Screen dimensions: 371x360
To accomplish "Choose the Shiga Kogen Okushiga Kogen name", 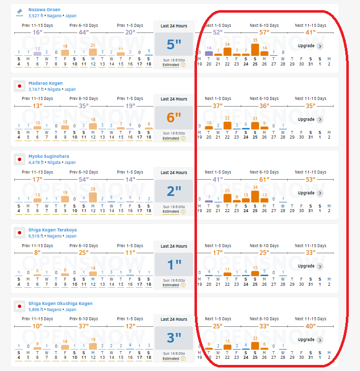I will click(x=57, y=303).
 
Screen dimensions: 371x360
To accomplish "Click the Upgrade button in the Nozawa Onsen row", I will click(x=310, y=46).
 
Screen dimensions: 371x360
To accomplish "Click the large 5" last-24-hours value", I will click(x=174, y=45).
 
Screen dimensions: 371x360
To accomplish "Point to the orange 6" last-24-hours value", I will click(x=174, y=118).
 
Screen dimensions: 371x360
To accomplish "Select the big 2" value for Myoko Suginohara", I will click(x=174, y=191).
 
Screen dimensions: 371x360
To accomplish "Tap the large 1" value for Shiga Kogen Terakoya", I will click(x=174, y=264).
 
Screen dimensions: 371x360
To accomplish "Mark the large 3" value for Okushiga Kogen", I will click(x=174, y=338).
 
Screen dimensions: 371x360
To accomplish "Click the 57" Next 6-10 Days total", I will click(x=264, y=32).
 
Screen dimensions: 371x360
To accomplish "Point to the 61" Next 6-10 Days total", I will click(x=264, y=179).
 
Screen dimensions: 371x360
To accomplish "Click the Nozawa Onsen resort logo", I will click(x=20, y=12).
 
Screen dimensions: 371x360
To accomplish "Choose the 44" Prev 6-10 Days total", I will click(x=84, y=32).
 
